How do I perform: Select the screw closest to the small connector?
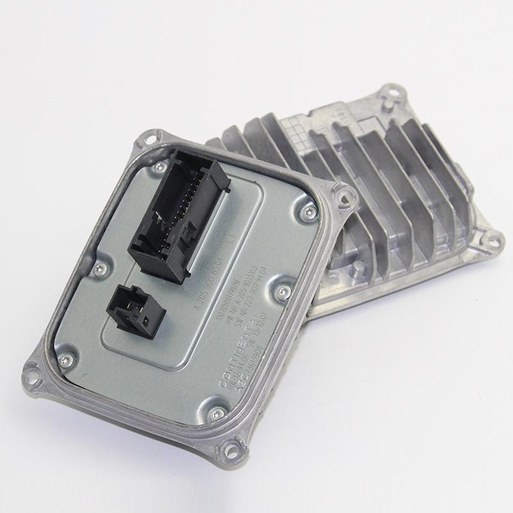[x=98, y=268]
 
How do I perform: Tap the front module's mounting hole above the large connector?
[x=149, y=135]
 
